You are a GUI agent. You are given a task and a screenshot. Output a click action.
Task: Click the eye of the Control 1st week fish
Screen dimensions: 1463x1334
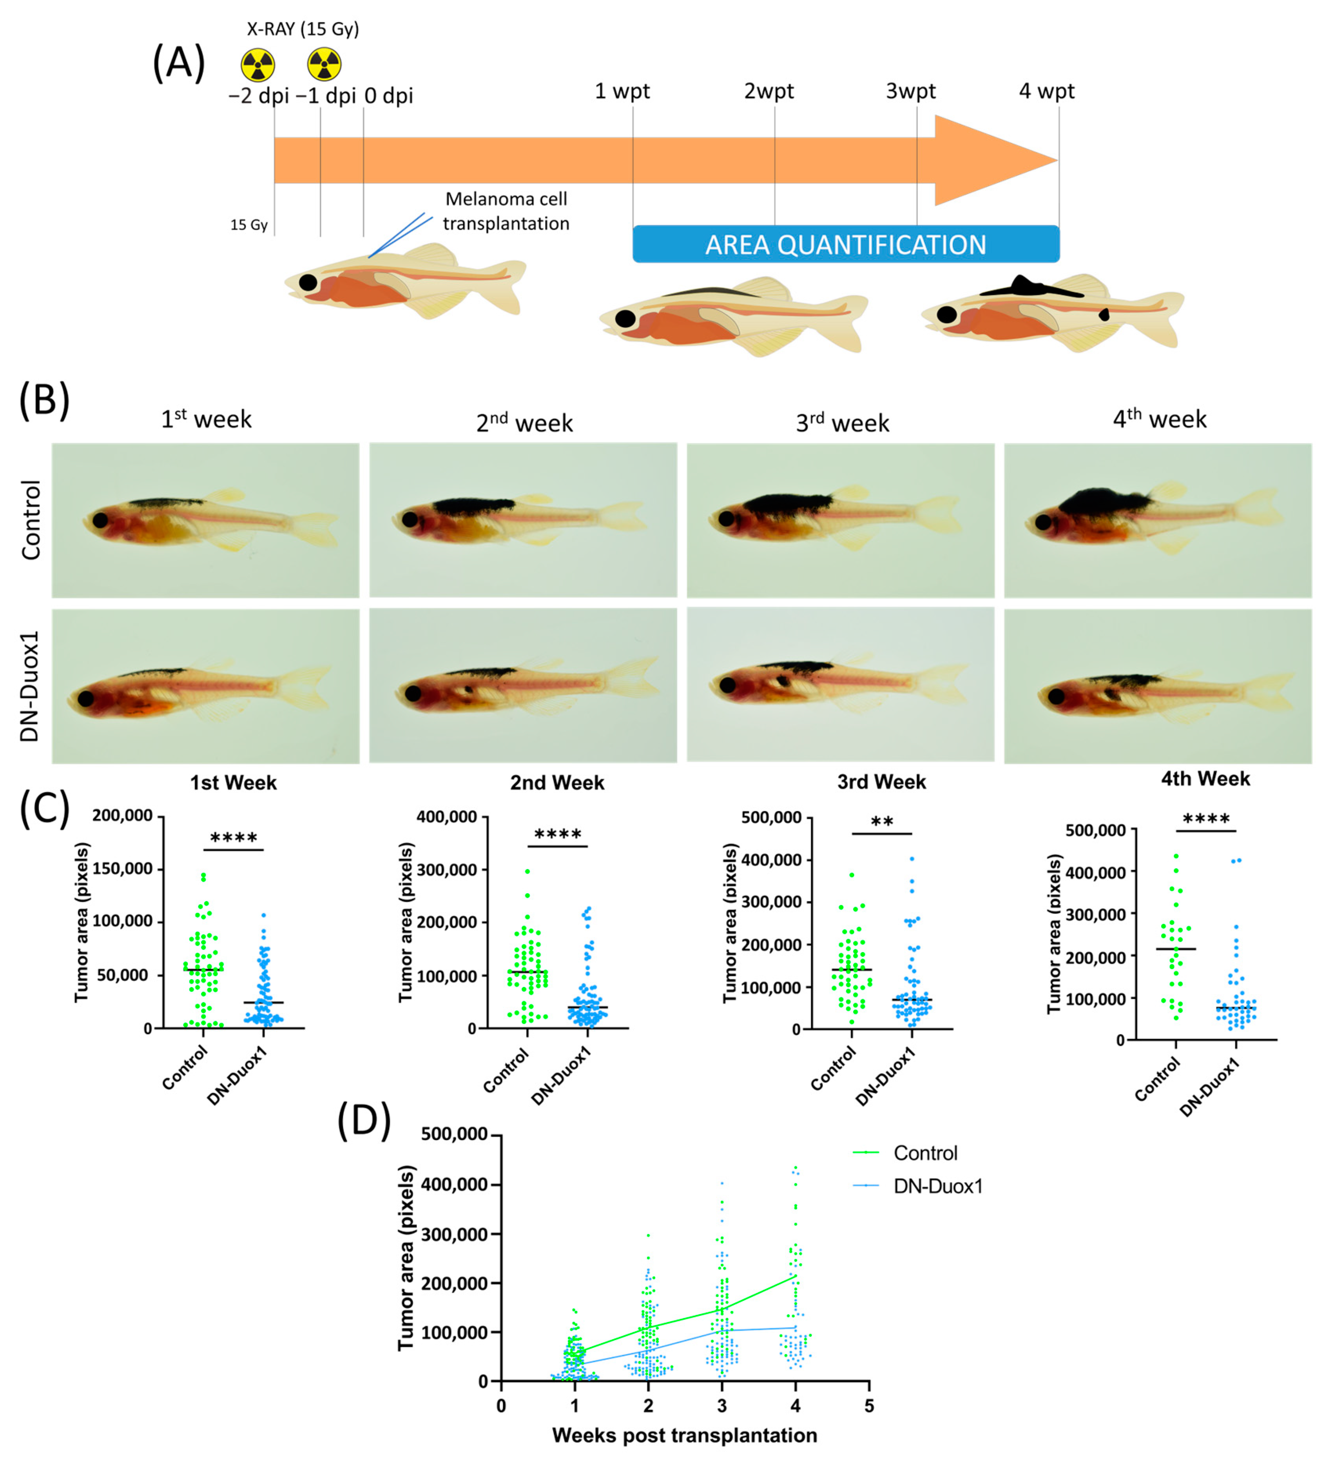click(x=100, y=520)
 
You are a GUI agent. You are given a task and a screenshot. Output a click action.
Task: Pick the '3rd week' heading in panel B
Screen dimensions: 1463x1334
click(x=842, y=422)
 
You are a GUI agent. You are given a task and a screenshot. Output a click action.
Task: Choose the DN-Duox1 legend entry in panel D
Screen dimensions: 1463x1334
click(x=937, y=1187)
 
